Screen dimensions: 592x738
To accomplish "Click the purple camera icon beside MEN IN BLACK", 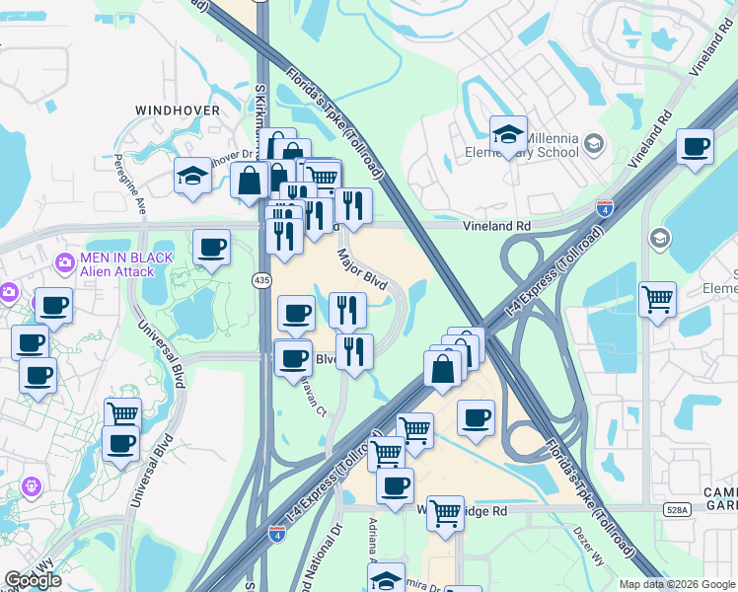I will point(65,262).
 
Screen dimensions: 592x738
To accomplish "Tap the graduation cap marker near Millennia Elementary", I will point(508,135).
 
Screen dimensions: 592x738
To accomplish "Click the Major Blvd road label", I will point(362,267).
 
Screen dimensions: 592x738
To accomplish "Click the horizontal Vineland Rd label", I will point(497,226).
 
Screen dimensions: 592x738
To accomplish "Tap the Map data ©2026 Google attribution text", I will point(676,584).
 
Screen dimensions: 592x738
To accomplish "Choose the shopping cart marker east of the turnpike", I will point(657,298).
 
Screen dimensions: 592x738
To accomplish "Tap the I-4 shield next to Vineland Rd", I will point(605,208).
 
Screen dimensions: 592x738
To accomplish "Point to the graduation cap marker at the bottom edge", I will point(388,580).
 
